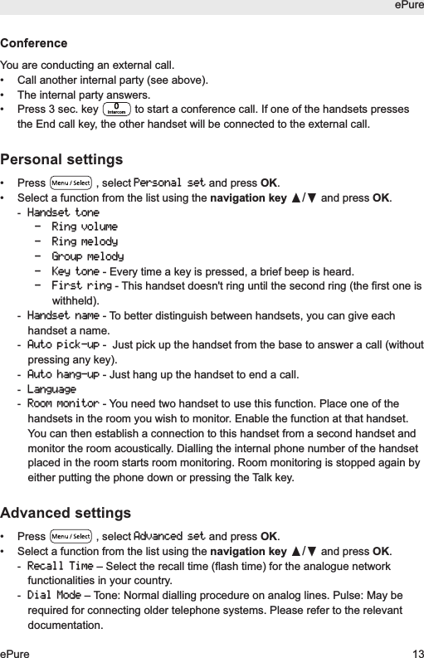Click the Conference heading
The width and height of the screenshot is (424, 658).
pyautogui.click(x=34, y=43)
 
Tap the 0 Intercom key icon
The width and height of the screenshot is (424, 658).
pyautogui.click(x=117, y=110)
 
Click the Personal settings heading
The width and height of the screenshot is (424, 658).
pyautogui.click(x=61, y=159)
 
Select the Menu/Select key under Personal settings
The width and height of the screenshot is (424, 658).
pyautogui.click(x=71, y=183)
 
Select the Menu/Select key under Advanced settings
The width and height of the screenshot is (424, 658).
pyautogui.click(x=71, y=535)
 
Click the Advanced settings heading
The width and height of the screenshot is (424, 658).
pyautogui.click(x=66, y=512)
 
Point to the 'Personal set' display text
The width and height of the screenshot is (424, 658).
pyautogui.click(x=169, y=183)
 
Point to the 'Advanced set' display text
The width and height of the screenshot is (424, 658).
pyautogui.click(x=169, y=535)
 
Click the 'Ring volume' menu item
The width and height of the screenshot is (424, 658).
pyautogui.click(x=84, y=227)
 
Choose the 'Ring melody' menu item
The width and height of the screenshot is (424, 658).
pyautogui.click(x=84, y=241)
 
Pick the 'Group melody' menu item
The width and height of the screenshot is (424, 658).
pyautogui.click(x=87, y=256)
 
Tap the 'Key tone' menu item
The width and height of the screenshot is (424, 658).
pyautogui.click(x=75, y=271)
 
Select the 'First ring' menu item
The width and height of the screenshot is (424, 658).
pyautogui.click(x=80, y=286)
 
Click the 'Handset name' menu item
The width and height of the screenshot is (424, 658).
pyautogui.click(x=63, y=316)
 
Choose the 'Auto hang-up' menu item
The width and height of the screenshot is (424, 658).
pyautogui.click(x=63, y=374)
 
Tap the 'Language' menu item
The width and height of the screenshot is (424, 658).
pyautogui.click(x=51, y=389)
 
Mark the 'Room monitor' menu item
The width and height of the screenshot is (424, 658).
pyautogui.click(x=63, y=404)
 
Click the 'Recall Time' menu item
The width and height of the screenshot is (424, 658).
pyautogui.click(x=60, y=565)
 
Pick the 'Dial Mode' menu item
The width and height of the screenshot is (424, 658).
pyautogui.click(x=54, y=595)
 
